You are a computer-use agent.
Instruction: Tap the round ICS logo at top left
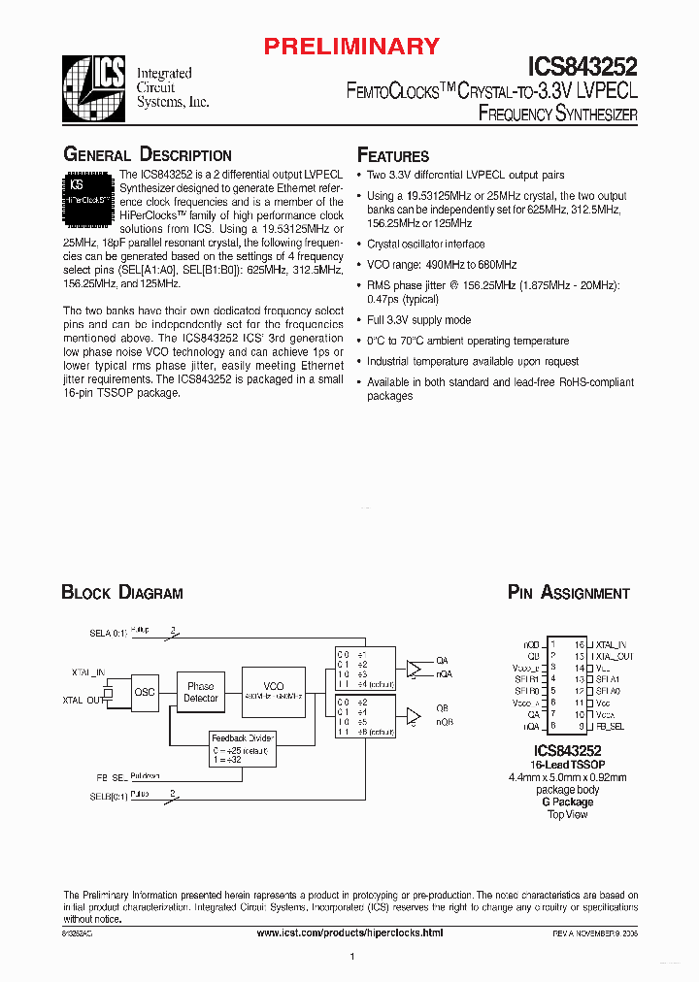(x=93, y=87)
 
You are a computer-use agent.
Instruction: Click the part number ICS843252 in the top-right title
(x=582, y=65)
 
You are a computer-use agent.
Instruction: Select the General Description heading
(x=148, y=155)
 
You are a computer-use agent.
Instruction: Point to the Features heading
(x=393, y=156)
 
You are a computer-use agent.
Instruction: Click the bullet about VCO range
(x=442, y=265)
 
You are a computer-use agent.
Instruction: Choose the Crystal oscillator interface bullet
(x=426, y=245)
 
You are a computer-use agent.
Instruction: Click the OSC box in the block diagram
(x=145, y=692)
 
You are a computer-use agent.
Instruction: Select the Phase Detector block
(x=201, y=692)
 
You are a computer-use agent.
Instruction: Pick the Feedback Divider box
(x=244, y=749)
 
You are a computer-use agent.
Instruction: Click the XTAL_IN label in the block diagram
(x=87, y=671)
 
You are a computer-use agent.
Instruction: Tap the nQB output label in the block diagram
(x=444, y=722)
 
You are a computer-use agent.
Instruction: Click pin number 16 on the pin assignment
(x=579, y=644)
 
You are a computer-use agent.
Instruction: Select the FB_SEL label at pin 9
(x=611, y=726)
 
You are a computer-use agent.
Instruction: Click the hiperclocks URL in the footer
(x=349, y=932)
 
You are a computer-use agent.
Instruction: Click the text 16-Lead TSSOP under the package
(x=570, y=766)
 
